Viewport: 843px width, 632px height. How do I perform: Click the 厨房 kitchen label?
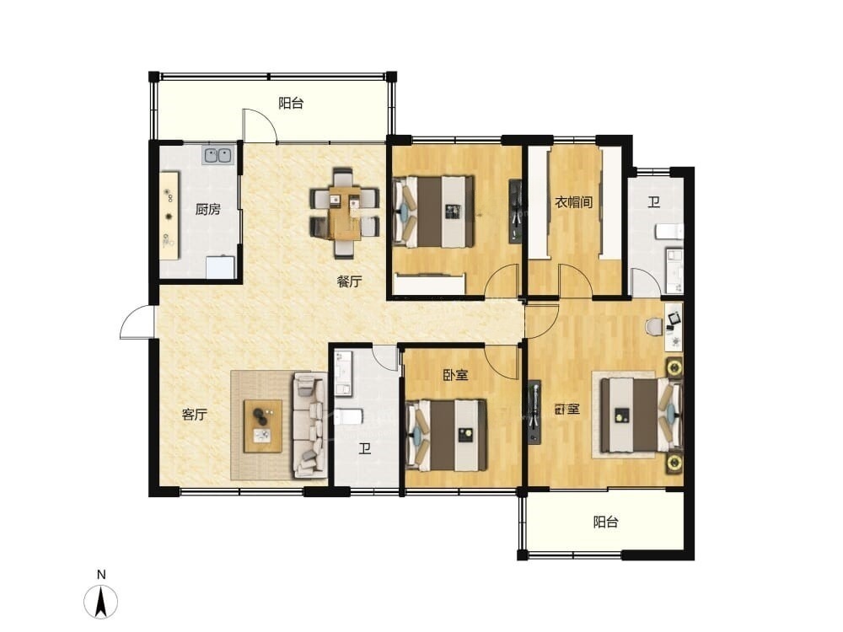(207, 209)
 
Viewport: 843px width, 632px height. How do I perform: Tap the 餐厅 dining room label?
(350, 281)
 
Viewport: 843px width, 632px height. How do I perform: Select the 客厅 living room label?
(195, 415)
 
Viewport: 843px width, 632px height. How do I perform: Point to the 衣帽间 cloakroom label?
(573, 202)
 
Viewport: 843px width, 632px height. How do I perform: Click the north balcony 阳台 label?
(291, 103)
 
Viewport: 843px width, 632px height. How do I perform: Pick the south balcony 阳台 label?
(605, 522)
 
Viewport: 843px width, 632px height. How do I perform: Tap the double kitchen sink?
(217, 155)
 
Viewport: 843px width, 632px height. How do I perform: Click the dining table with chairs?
(345, 212)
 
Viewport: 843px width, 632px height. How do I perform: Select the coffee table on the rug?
(263, 426)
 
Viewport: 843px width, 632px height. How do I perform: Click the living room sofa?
(309, 426)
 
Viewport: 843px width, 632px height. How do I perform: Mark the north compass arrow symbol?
(100, 601)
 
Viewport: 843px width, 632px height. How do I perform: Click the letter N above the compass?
(101, 575)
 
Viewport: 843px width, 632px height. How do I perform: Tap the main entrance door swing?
(137, 322)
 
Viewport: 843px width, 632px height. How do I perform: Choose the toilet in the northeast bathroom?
(669, 232)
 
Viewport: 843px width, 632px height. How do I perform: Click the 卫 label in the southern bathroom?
(366, 448)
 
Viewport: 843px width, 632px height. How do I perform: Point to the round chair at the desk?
(654, 326)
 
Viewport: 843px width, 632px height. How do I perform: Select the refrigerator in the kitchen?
(220, 267)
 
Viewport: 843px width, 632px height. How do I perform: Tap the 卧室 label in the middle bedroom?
(455, 375)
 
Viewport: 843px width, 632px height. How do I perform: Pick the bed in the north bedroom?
(435, 212)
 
